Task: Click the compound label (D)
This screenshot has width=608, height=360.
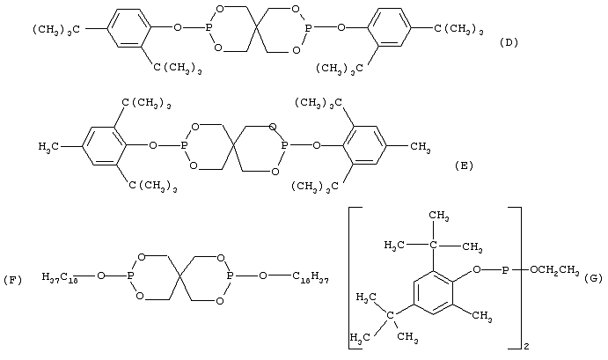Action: [509, 42]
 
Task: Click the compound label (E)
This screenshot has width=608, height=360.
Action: [464, 165]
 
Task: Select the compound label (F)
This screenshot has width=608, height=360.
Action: [12, 280]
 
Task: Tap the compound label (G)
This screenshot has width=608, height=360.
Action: [593, 277]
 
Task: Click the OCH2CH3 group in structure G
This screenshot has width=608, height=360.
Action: [554, 270]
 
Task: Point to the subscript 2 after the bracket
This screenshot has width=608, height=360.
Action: [526, 347]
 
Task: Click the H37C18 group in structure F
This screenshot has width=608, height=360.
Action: [61, 277]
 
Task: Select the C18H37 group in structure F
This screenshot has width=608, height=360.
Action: [311, 277]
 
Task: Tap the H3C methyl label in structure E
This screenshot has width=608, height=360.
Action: [48, 147]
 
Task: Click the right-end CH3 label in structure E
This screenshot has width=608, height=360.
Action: [420, 147]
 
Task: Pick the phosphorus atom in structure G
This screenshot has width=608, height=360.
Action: [505, 269]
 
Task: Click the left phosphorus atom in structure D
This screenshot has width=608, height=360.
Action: [209, 28]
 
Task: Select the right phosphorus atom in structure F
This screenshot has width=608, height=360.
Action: [230, 276]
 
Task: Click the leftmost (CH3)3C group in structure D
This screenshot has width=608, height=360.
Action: [56, 29]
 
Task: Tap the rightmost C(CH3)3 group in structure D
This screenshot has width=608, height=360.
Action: [458, 29]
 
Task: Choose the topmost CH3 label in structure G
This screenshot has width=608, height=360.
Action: [438, 216]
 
